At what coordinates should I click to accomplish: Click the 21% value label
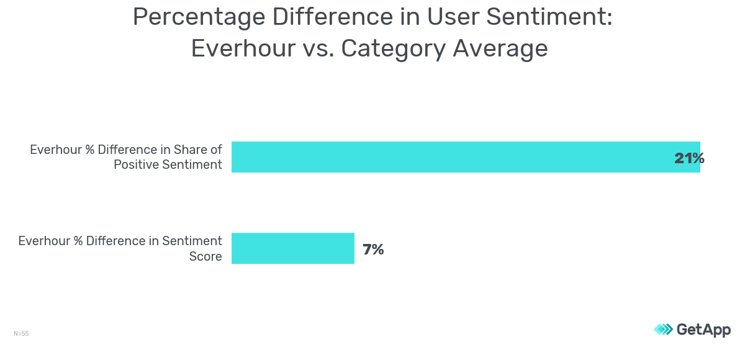tap(689, 158)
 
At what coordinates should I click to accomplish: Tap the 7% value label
tap(373, 250)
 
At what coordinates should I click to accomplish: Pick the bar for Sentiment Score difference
tap(292, 248)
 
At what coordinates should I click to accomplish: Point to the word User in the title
tap(450, 17)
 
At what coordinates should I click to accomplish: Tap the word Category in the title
tap(393, 48)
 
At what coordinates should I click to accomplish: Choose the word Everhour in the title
tap(243, 48)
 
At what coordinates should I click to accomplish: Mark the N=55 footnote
tap(21, 334)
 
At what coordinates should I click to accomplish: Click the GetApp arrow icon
tap(663, 330)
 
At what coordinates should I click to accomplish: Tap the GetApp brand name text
tap(703, 330)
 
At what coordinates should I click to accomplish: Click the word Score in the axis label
tap(205, 256)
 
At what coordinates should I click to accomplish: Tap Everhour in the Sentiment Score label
tap(44, 241)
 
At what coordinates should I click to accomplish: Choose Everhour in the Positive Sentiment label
tap(56, 150)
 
